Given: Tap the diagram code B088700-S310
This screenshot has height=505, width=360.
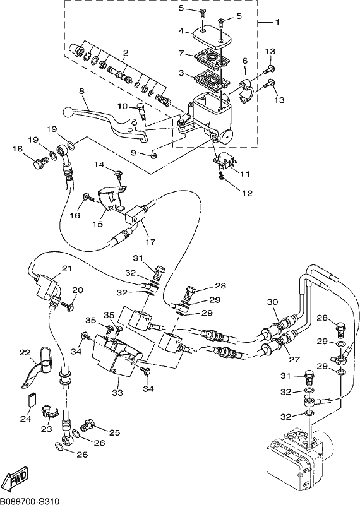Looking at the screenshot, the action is click(30, 501).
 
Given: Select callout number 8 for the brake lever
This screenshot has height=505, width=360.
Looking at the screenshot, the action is click(81, 92).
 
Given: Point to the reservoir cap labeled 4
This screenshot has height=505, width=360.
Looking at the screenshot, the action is click(212, 37).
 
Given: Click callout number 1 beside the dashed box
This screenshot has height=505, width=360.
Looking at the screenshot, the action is click(277, 22).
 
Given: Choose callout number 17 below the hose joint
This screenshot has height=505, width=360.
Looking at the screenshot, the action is click(150, 242).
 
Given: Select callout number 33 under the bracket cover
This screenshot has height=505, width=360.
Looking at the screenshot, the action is click(117, 393).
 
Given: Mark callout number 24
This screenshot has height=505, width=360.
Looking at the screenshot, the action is click(26, 419).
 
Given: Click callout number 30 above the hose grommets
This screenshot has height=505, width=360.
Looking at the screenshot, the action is click(272, 302).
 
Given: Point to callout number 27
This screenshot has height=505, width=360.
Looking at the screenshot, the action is click(294, 359).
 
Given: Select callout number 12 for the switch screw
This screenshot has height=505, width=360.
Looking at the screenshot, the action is click(247, 193).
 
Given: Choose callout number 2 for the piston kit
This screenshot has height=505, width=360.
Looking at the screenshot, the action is click(126, 52).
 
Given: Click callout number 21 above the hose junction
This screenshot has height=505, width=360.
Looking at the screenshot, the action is click(67, 268).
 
